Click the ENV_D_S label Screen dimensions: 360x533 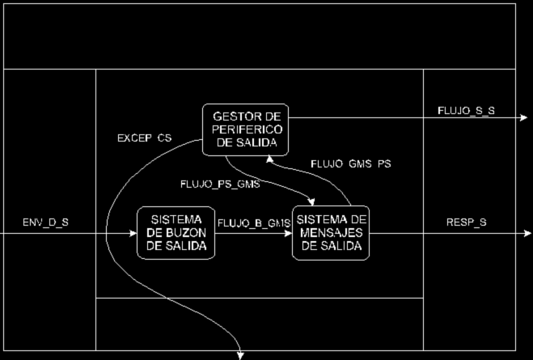coord(47,221)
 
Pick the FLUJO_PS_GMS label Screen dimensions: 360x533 coord(220,184)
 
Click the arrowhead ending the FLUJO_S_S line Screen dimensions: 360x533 coord(524,118)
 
